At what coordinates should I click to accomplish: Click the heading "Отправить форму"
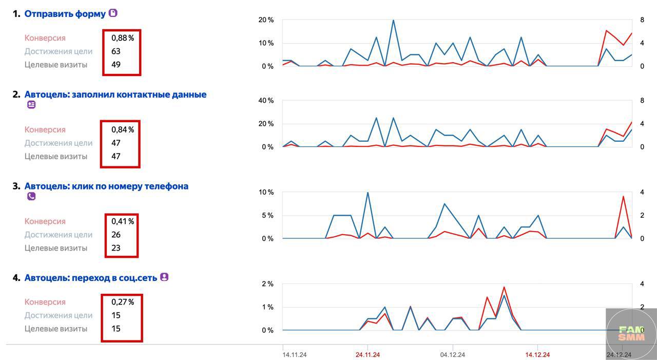pos(65,14)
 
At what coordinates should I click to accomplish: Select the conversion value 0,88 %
pos(123,38)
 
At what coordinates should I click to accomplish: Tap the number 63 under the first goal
pos(116,51)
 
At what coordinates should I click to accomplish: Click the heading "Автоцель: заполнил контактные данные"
pos(115,94)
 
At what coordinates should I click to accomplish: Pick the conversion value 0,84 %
pos(123,129)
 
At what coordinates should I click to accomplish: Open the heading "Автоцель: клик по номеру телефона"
pos(106,186)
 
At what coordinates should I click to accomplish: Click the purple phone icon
pos(31,196)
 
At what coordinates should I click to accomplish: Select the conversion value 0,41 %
pos(123,221)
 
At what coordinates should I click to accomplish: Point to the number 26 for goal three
pos(116,235)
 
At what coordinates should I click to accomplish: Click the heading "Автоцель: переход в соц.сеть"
pos(91,277)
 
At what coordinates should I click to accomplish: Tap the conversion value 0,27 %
pos(123,302)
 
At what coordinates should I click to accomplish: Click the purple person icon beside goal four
pos(164,277)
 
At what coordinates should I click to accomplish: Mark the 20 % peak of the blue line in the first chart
pos(393,20)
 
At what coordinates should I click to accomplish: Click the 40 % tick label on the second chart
pos(266,100)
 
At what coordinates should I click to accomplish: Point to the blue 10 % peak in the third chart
pos(368,193)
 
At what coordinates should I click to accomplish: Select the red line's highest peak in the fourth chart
pos(504,287)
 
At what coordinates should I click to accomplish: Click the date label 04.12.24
pos(453,355)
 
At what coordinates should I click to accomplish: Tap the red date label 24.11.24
pos(368,355)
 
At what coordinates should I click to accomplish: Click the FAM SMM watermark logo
pos(631,334)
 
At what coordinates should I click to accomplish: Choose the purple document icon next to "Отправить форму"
pos(113,13)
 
